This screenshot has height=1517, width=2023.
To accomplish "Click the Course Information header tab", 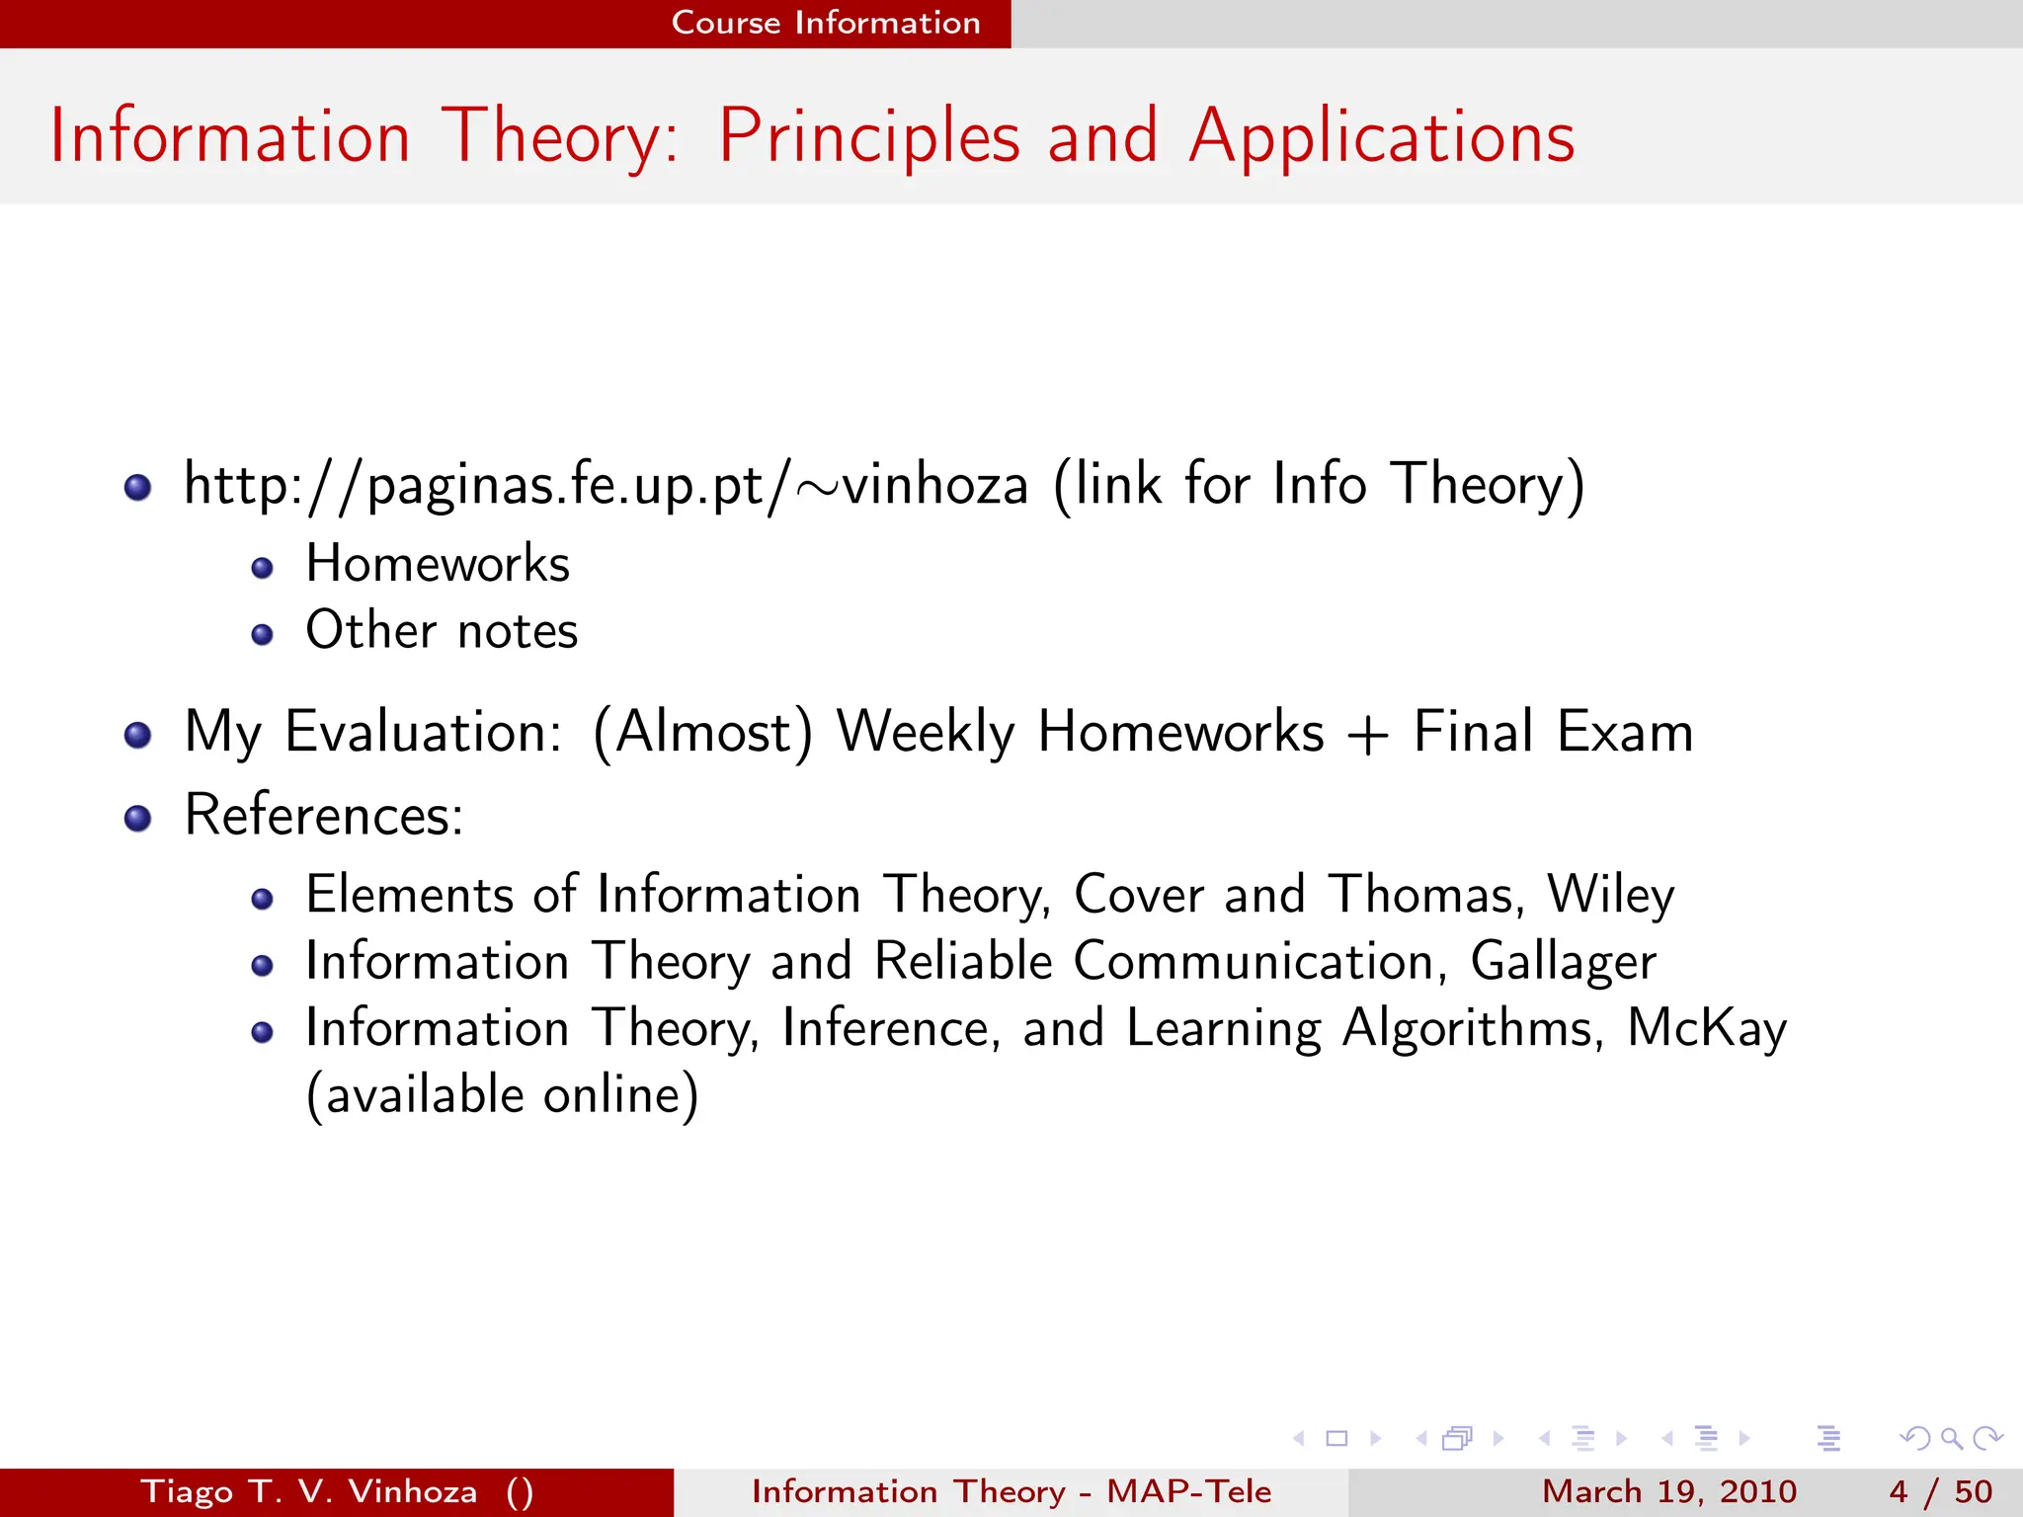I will [826, 23].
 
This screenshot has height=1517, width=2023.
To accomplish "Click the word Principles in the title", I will [868, 137].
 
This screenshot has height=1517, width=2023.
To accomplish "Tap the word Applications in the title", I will [1381, 137].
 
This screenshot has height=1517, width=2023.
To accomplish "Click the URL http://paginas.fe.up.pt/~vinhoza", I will [606, 485].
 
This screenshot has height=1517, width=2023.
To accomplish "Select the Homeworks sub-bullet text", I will [438, 565].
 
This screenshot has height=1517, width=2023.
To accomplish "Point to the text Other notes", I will [442, 631].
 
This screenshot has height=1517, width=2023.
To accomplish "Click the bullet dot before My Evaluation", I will [138, 735].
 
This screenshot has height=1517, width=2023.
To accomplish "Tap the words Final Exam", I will [1553, 733].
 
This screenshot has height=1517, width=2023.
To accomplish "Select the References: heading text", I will [324, 816].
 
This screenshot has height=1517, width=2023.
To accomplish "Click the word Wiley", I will [1610, 895].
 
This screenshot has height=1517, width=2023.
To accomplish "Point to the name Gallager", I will [1563, 962].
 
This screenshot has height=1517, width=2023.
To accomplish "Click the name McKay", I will [1706, 1028].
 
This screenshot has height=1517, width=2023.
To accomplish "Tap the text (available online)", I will [502, 1095].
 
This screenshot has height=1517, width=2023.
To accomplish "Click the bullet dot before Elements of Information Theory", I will [262, 899].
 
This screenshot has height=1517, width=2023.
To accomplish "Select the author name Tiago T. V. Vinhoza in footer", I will [309, 1491].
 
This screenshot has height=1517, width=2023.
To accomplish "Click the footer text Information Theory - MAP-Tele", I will [1011, 1491].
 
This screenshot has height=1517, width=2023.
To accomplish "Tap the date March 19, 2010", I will [1668, 1491].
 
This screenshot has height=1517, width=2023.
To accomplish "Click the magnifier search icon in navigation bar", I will [1951, 1439].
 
